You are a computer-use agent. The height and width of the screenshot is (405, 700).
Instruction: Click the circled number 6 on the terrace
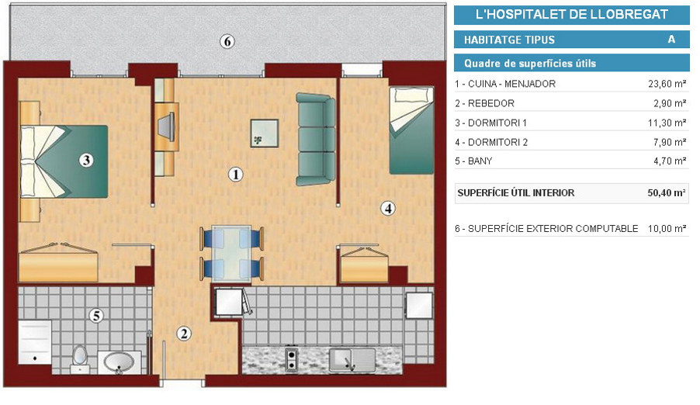pos(227,42)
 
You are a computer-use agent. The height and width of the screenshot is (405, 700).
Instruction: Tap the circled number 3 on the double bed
pos(86,160)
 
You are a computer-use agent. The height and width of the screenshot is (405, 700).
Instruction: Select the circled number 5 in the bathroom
pos(96,316)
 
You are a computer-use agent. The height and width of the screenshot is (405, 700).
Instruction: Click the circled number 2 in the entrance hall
pos(183,333)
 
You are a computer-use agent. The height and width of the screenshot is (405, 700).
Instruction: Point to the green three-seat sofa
pos(316,140)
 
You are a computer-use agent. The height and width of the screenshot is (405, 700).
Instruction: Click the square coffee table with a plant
pos(265,133)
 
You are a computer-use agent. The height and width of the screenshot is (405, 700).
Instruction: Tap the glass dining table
pos(231,253)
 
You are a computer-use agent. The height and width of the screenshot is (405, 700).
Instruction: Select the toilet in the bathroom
pos(80,359)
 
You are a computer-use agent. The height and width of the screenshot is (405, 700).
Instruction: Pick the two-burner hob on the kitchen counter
pos(292,359)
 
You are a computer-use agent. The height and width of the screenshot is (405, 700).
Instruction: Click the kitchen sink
pos(352,360)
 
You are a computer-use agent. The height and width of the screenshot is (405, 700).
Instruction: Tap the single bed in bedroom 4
pos(411,130)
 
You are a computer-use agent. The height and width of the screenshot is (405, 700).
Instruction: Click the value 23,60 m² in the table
pos(667,84)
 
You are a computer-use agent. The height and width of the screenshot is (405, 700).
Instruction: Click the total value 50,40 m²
pos(667,193)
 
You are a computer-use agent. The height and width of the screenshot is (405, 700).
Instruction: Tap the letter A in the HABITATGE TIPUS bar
pos(671,40)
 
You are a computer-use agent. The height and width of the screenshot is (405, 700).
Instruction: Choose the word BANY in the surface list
pos(480,161)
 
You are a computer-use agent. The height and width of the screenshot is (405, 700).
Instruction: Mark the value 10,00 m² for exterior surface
pos(667,229)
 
